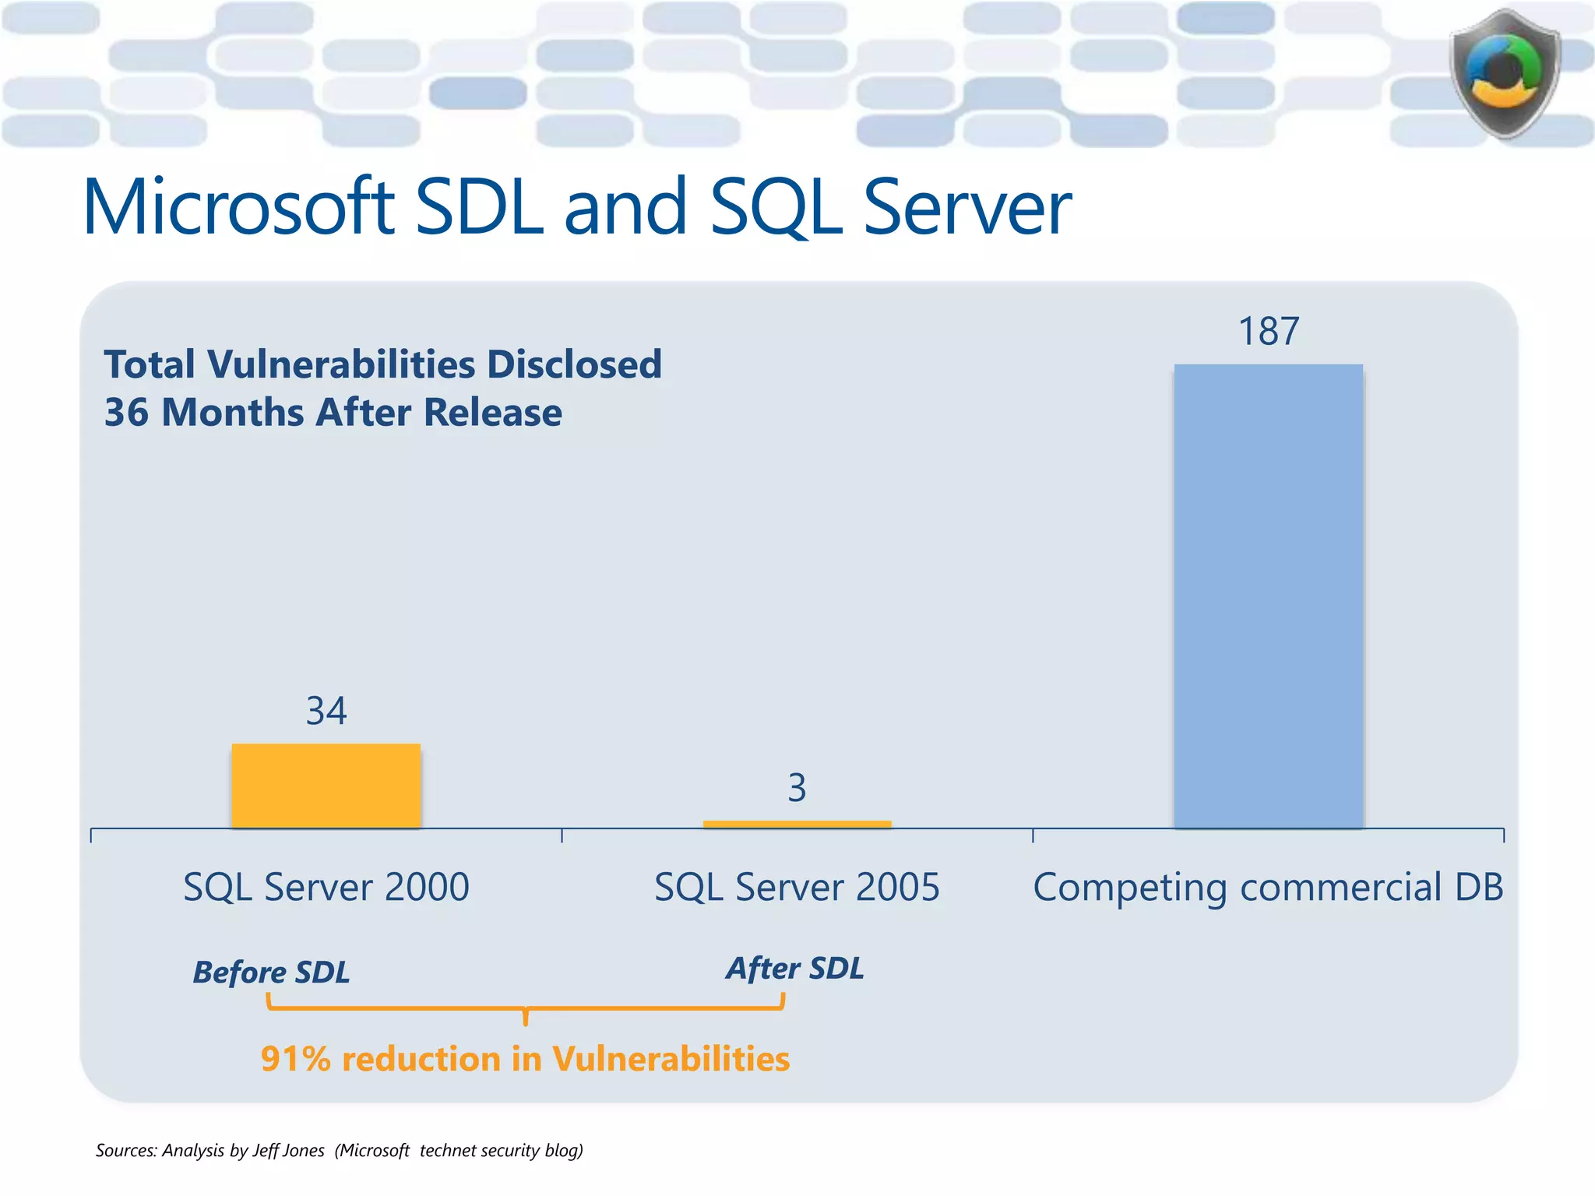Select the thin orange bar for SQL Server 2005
pos(797,824)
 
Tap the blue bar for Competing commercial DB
pos(1268,596)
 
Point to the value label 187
pos(1268,332)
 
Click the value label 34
pos(326,711)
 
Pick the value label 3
pos(797,788)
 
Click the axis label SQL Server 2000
pos(326,887)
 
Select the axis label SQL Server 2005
pos(797,887)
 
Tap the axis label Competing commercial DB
pos(1268,887)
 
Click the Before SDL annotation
pos(271,972)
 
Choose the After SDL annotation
pos(794,968)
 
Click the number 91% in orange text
pos(295,1059)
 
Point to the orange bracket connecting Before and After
pos(525,1009)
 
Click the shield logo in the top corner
pos(1505,74)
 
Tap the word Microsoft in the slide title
pos(238,207)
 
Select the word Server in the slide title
pos(967,207)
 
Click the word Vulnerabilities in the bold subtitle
pos(341,364)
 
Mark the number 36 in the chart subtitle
pos(126,413)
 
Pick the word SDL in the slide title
pos(478,207)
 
